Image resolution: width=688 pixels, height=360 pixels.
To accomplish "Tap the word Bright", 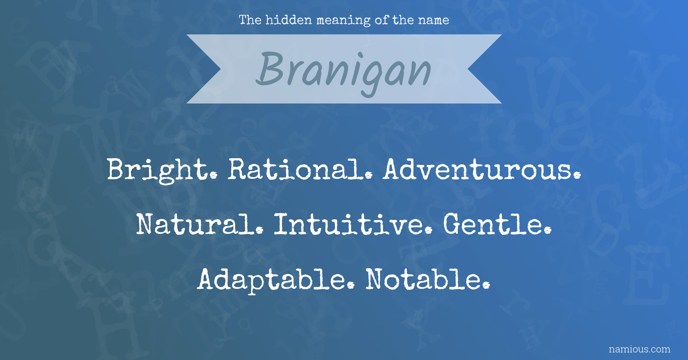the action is tap(162, 170).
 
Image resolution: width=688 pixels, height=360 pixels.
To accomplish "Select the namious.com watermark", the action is tap(639, 349).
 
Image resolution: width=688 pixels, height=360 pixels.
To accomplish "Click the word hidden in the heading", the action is tap(289, 20).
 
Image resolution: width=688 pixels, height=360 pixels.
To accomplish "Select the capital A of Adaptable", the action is tap(209, 279).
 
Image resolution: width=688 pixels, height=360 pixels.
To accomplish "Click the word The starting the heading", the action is tap(250, 20).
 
